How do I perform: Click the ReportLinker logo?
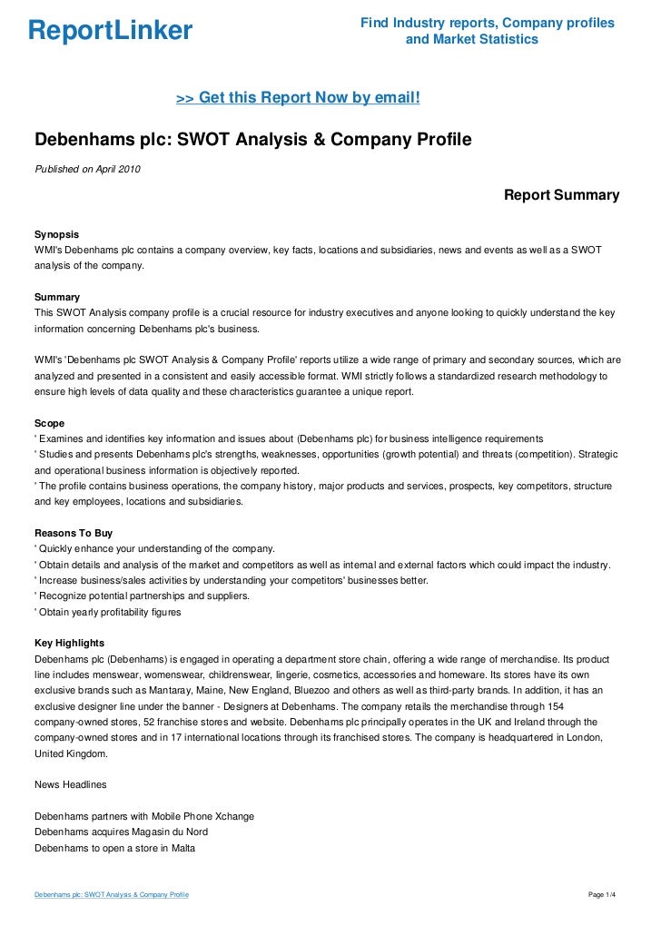pyautogui.click(x=110, y=31)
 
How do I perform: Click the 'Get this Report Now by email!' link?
pyautogui.click(x=298, y=96)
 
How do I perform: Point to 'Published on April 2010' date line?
pyautogui.click(x=87, y=168)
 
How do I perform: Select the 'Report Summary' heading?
pyautogui.click(x=561, y=195)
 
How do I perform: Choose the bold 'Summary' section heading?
pyautogui.click(x=56, y=297)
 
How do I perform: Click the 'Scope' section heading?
pyautogui.click(x=49, y=423)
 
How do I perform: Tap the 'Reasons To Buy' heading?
pyautogui.click(x=73, y=533)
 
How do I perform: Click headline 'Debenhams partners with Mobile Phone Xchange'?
pyautogui.click(x=143, y=816)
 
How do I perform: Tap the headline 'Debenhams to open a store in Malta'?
pyautogui.click(x=114, y=848)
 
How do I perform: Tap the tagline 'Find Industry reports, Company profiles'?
pyautogui.click(x=487, y=23)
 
